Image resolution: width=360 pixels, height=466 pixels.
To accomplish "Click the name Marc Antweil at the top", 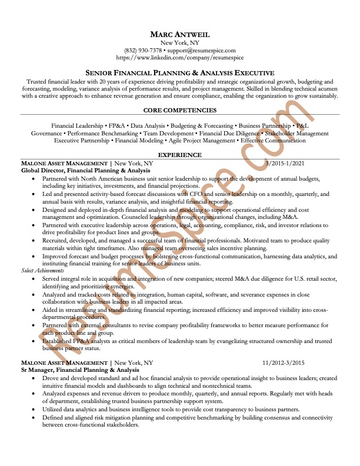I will (x=179, y=34).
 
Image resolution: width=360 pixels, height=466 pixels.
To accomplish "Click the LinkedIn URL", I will (x=179, y=58).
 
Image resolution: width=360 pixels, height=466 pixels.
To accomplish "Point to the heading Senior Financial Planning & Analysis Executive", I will (x=179, y=72).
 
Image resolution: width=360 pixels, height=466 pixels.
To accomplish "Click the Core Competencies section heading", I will (x=179, y=110).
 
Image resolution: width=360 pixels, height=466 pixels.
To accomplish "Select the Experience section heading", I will (x=179, y=155).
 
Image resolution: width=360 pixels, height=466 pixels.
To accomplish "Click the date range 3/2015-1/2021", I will (x=285, y=162).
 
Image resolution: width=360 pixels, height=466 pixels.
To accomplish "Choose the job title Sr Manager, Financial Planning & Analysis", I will (x=76, y=370).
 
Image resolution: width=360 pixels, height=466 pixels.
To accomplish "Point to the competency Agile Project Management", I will (x=207, y=141).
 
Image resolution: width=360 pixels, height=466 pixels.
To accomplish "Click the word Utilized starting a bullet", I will (x=54, y=409).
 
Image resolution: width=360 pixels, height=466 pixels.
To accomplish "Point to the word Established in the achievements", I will (x=59, y=341).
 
